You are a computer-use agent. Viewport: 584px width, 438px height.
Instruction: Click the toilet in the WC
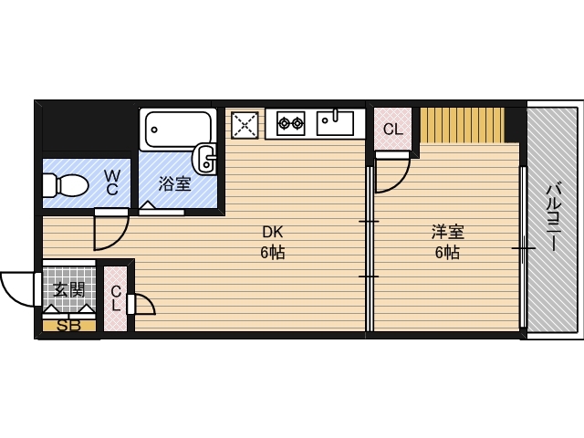[64, 186]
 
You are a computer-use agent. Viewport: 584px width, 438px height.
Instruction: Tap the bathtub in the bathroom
[176, 130]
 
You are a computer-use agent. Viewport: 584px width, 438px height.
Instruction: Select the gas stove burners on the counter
[290, 121]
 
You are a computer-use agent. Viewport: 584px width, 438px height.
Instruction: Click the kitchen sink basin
[335, 121]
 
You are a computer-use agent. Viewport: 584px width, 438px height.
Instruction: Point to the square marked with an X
[244, 124]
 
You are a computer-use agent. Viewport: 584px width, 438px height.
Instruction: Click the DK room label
[272, 232]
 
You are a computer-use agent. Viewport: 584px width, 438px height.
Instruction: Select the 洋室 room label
[446, 232]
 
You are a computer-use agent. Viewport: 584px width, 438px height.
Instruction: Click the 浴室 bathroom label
[174, 184]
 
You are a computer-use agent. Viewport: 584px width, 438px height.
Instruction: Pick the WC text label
[111, 182]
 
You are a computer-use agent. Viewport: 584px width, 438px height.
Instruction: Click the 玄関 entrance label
[68, 291]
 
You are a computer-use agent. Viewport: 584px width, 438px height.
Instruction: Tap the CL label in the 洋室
[392, 130]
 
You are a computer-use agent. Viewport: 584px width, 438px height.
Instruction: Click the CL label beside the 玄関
[117, 298]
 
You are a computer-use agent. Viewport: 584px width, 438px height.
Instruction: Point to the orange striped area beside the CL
[462, 124]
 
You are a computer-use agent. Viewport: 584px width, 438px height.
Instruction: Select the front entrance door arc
[18, 290]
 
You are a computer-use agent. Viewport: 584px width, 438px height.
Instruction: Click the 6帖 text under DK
[272, 254]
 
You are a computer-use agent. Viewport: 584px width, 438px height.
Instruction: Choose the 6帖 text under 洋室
[446, 254]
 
